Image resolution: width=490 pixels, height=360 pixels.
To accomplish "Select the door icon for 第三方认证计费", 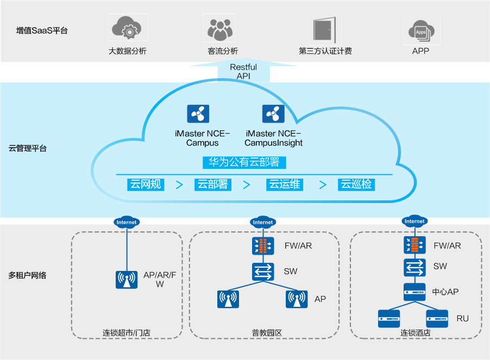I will [325, 29].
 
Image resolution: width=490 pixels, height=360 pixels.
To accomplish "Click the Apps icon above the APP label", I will [421, 30].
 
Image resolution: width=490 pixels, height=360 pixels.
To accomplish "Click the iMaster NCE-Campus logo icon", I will [198, 114].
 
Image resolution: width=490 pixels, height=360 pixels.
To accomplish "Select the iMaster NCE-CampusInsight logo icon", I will [273, 114].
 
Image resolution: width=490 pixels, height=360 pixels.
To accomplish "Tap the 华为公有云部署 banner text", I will [244, 162].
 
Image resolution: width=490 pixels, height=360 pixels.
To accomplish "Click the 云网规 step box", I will [146, 184].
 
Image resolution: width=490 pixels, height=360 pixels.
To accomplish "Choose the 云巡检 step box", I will [356, 184].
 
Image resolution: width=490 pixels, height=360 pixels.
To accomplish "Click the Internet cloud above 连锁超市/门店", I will [127, 222].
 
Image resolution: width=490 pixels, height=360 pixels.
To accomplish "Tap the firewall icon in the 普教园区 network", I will [263, 247].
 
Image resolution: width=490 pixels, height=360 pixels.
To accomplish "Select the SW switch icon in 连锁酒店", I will [414, 267].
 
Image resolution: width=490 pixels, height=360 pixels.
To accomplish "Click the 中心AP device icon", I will [414, 292].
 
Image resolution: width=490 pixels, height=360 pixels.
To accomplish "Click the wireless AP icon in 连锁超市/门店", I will [127, 280].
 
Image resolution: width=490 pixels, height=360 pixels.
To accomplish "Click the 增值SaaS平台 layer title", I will [42, 30].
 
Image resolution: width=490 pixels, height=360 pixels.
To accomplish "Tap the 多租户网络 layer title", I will [28, 275].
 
